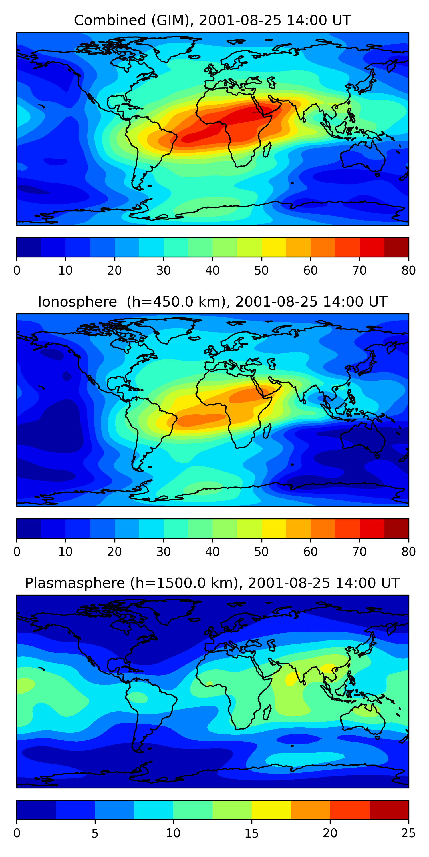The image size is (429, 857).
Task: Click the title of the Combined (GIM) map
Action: click(212, 20)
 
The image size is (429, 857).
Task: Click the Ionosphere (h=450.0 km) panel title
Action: click(212, 302)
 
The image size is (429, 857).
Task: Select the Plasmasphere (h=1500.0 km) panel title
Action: click(212, 583)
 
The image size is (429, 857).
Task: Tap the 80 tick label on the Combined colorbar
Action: click(408, 271)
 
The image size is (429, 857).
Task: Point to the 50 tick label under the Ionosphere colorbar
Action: click(261, 552)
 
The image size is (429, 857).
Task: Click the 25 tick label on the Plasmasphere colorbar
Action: click(408, 833)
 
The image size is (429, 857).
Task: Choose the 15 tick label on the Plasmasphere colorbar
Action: click(251, 833)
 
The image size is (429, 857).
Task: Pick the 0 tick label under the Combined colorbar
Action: click(17, 271)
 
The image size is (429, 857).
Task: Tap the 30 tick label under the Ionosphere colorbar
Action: click(163, 552)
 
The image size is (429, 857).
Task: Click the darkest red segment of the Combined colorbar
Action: click(396, 247)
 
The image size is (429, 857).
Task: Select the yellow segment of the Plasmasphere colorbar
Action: click(271, 810)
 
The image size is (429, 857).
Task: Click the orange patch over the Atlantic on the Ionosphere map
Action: click(200, 420)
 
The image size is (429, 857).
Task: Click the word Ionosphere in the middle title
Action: click(77, 302)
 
